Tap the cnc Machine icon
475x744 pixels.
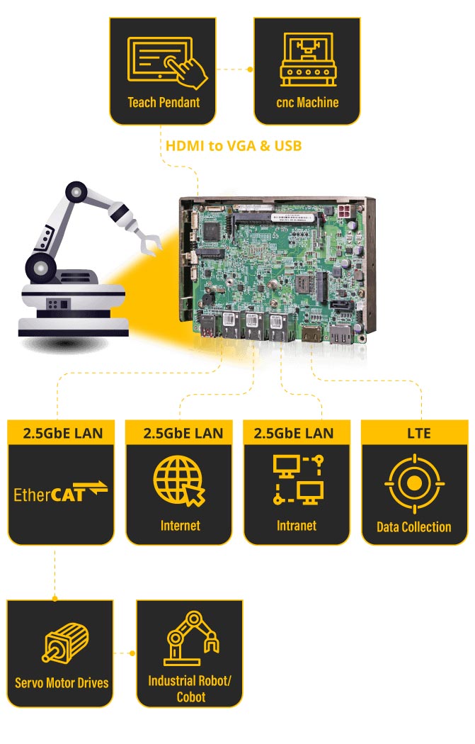(308, 60)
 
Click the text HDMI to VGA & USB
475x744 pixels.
(234, 145)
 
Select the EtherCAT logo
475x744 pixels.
(60, 492)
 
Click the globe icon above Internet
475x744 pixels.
(179, 481)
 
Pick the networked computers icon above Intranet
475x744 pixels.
(299, 479)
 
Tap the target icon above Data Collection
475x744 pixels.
(414, 483)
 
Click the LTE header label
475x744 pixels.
(418, 433)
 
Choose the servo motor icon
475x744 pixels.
(65, 643)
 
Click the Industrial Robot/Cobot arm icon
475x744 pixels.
(191, 638)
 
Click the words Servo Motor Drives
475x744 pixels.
(62, 683)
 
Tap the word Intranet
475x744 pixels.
(297, 525)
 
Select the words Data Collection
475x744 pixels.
(414, 526)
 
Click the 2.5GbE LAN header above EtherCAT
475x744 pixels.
(63, 433)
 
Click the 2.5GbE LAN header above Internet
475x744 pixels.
(183, 433)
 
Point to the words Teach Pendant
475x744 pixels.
(164, 103)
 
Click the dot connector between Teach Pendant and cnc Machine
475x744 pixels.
(251, 69)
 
